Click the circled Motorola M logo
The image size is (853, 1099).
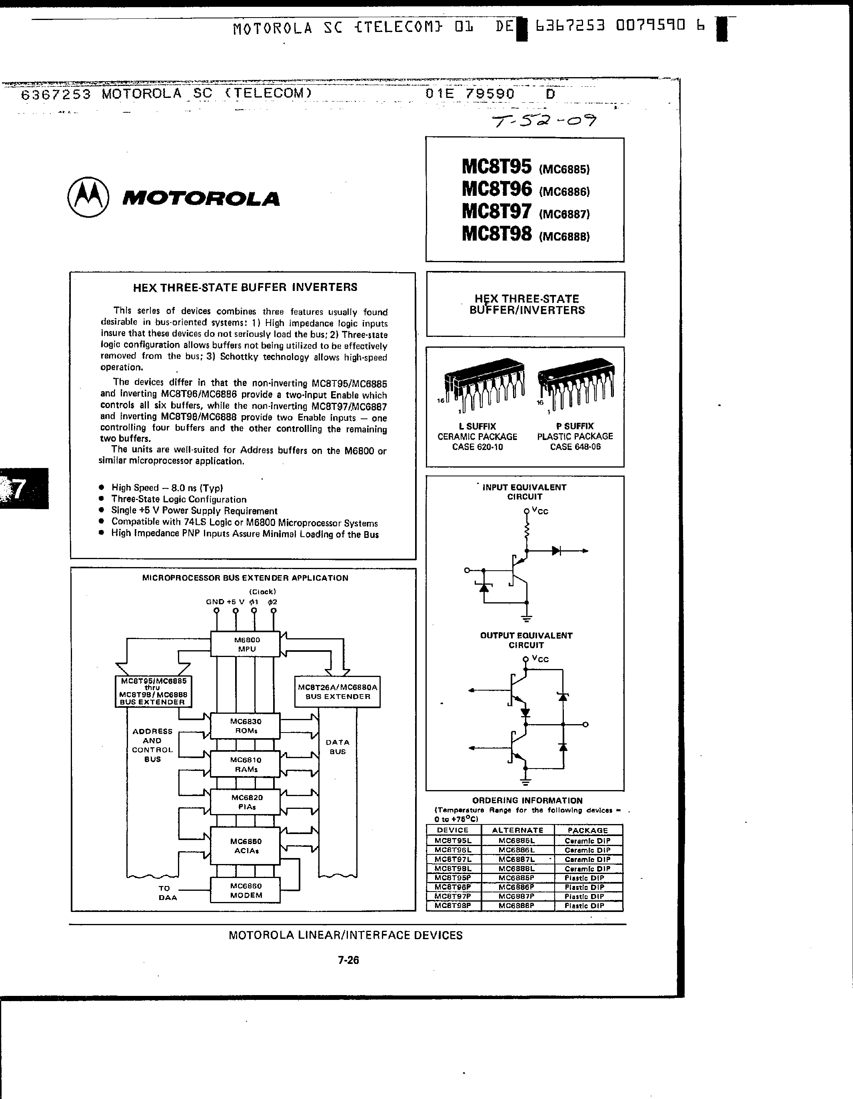click(88, 197)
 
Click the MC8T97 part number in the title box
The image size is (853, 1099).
click(497, 211)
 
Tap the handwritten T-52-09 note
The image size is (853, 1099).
click(544, 121)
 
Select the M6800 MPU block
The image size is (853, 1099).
click(245, 644)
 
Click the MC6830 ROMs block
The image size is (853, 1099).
click(245, 726)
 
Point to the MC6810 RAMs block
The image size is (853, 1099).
click(245, 765)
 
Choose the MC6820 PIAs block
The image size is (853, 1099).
click(245, 802)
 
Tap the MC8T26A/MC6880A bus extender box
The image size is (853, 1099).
click(338, 692)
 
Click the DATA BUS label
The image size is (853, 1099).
click(338, 747)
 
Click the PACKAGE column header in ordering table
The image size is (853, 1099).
click(587, 830)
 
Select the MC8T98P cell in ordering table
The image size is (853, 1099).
click(453, 906)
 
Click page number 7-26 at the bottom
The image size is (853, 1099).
click(348, 960)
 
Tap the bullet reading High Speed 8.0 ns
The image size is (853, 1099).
click(167, 488)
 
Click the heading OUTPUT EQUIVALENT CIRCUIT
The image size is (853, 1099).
click(526, 640)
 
